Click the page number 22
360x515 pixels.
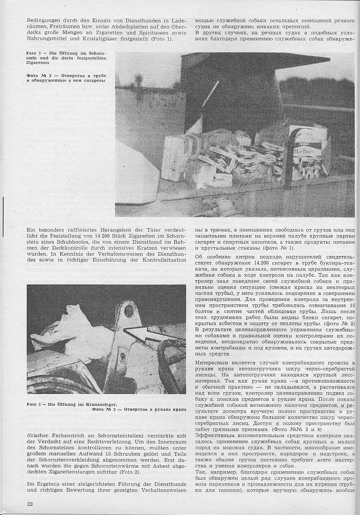click(x=30, y=504)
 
